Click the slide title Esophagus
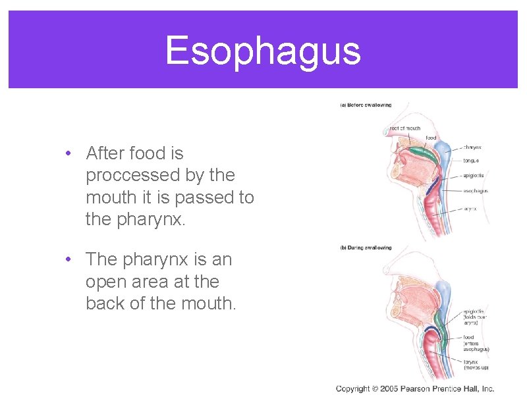[x=263, y=51]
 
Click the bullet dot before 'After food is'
[x=69, y=153]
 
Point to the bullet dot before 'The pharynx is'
[x=69, y=260]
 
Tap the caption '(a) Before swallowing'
[x=366, y=105]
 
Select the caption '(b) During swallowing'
[x=366, y=248]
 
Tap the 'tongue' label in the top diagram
[x=470, y=160]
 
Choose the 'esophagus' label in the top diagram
[x=475, y=192]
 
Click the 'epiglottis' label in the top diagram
[x=474, y=176]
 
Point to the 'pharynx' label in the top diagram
[x=472, y=147]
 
